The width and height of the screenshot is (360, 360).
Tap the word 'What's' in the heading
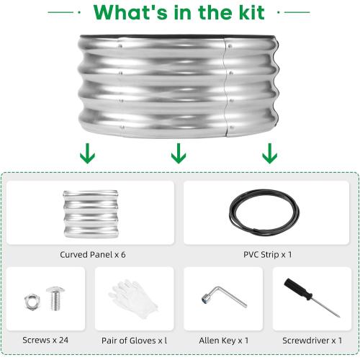(x=130, y=12)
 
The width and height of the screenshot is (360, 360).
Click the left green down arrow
(x=87, y=153)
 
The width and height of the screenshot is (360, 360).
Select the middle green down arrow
(x=179, y=153)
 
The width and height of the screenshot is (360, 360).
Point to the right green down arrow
(x=269, y=153)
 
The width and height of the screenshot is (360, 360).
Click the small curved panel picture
(x=91, y=214)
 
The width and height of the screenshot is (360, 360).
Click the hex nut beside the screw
(x=32, y=302)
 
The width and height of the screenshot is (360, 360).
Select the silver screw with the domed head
(x=55, y=298)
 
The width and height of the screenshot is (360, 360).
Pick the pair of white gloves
(x=133, y=299)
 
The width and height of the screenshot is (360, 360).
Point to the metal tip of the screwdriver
(x=339, y=316)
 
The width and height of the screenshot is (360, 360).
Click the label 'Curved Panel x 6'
(x=93, y=254)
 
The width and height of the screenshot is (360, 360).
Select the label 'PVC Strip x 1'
(x=268, y=254)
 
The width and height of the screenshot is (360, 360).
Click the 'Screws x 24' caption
(x=45, y=340)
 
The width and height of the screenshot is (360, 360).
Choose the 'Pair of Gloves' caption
(x=129, y=341)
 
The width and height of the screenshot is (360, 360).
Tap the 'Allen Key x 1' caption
(x=224, y=341)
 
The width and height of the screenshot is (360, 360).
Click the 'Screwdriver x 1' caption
(x=312, y=341)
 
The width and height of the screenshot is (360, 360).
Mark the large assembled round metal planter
(x=179, y=86)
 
